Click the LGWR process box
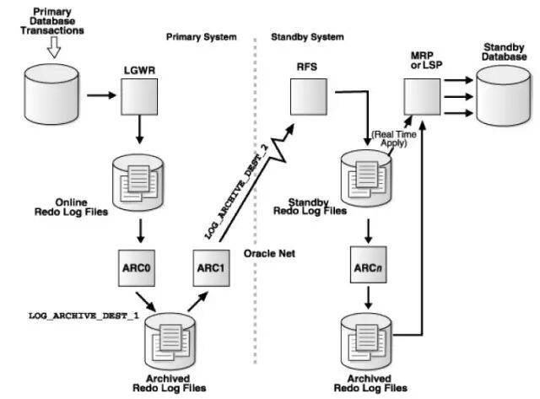tap(139, 97)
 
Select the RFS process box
tap(309, 97)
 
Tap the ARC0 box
tap(137, 268)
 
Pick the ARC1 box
tap(211, 268)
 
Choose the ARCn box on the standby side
tap(368, 264)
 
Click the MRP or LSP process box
tap(422, 97)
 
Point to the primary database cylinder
tap(51, 94)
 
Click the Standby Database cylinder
tap(503, 95)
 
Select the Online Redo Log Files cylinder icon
tap(138, 182)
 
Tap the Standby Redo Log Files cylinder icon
tap(365, 179)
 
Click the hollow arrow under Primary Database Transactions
tap(54, 47)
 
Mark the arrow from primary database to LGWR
tap(101, 95)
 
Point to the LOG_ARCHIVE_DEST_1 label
tap(84, 315)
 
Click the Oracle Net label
tap(269, 254)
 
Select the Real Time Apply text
tap(394, 138)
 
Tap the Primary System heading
tap(202, 37)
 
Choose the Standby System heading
tap(307, 37)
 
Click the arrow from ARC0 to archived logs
tap(146, 302)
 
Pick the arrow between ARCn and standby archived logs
tap(368, 298)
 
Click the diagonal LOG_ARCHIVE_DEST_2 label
tap(236, 191)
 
